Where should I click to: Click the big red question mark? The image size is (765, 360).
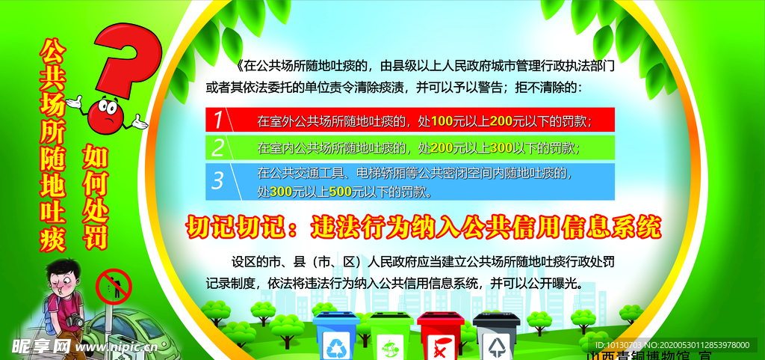point(131,60)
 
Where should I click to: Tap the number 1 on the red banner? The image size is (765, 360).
point(217,120)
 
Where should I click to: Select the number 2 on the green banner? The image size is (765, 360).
point(217,147)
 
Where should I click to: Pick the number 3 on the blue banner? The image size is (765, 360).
point(217,180)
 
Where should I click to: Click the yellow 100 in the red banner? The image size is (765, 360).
point(442,120)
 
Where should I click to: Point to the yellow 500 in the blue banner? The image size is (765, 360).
point(340,192)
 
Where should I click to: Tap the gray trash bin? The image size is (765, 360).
point(496,335)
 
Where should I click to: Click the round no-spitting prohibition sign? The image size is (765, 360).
point(114,287)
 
